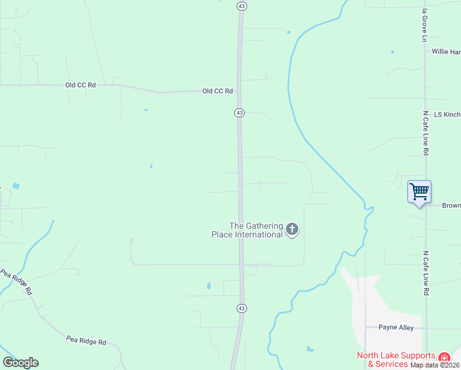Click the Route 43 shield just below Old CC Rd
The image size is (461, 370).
pos(239,113)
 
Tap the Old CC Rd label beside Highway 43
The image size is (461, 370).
pos(218,91)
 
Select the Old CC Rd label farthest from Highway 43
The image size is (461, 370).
pos(80,85)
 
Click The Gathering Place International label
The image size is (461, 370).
pos(256,230)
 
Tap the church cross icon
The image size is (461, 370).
pos(292,230)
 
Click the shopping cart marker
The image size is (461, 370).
pos(419,192)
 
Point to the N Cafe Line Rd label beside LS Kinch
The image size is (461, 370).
pos(425,133)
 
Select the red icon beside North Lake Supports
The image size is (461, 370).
pos(444,358)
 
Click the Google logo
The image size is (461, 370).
pos(20,363)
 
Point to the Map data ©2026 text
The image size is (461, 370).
pos(435,365)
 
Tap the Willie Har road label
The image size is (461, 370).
pos(446,52)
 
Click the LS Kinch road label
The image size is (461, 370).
pos(447,115)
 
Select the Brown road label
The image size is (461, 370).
pos(451,205)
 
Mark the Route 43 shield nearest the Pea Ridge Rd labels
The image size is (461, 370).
pos(242,308)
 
